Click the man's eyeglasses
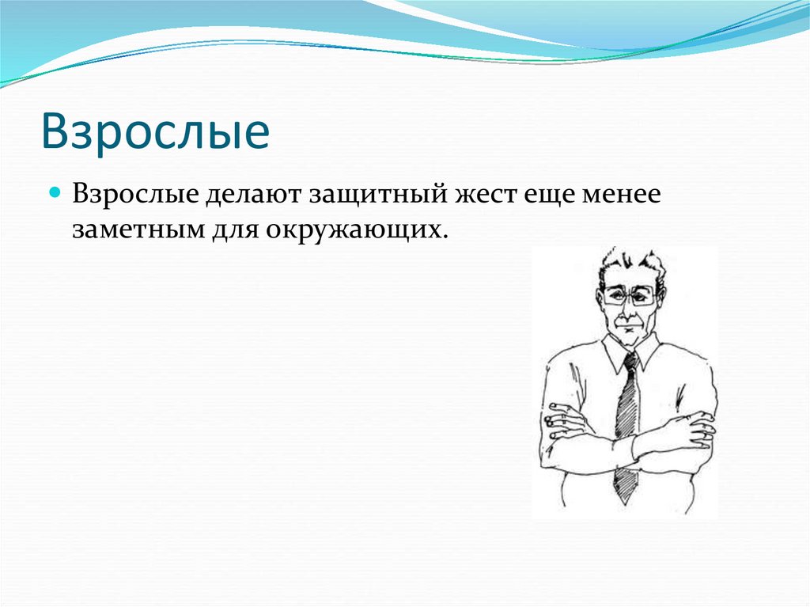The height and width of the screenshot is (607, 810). pyautogui.click(x=630, y=296)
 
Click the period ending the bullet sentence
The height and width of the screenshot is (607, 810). pyautogui.click(x=445, y=237)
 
